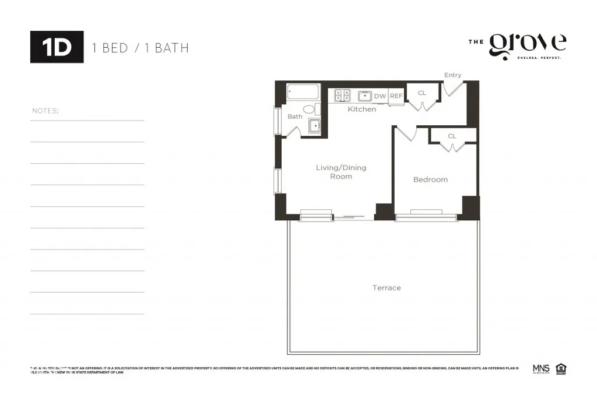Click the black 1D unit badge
[57, 47]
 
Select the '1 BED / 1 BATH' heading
[141, 48]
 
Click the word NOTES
[45, 111]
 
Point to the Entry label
[452, 75]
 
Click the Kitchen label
[361, 109]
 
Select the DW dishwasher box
[380, 96]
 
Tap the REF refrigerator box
[396, 96]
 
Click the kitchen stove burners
[342, 96]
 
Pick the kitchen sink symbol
[365, 96]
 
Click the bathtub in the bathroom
[303, 92]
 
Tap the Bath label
[294, 117]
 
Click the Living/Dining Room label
[341, 172]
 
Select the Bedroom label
[430, 179]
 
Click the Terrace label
[387, 288]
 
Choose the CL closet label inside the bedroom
[452, 136]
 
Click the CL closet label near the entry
[422, 93]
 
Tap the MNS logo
[541, 368]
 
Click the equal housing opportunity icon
[561, 368]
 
